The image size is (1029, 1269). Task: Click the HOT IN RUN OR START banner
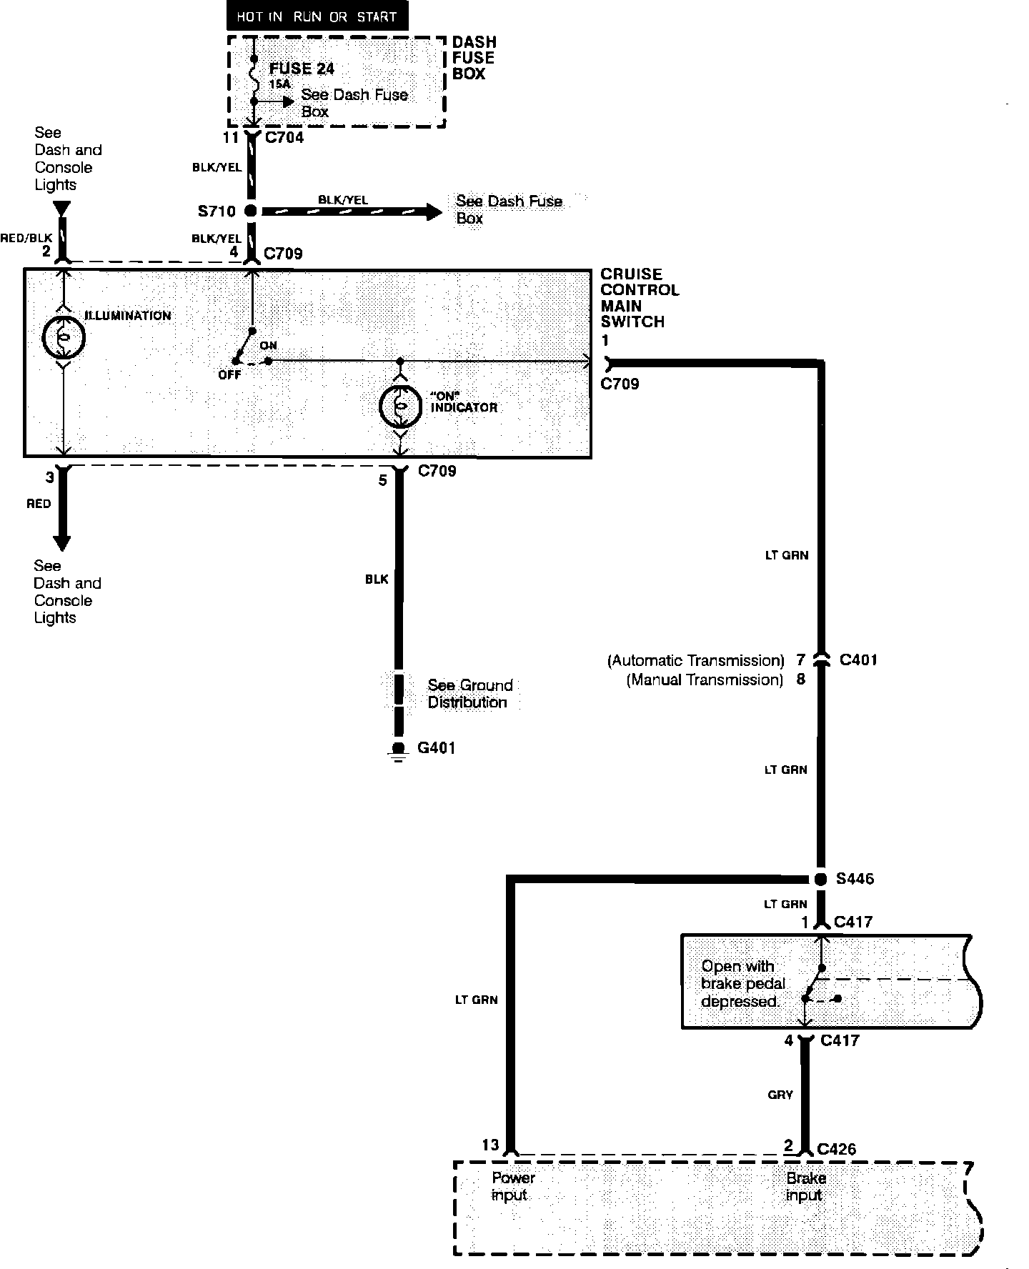pos(317,16)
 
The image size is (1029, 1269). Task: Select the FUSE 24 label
pos(301,69)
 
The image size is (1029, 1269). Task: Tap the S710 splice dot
pos(251,211)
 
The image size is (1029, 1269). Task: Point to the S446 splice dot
pos(821,879)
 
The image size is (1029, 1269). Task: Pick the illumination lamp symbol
pos(64,337)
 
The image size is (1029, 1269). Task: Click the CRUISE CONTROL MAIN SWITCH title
pos(639,298)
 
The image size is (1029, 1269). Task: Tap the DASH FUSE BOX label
pos(474,58)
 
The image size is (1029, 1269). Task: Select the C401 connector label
pos(857,660)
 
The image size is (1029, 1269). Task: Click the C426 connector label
pos(836,1149)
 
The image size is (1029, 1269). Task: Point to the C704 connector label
pos(284,137)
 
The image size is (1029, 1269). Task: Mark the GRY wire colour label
pos(780,1094)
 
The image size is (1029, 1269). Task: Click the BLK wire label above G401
pos(377,579)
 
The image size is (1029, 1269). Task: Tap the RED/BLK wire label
pos(26,238)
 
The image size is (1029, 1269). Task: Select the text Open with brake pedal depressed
pos(740,984)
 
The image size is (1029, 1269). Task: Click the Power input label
pos(512,1186)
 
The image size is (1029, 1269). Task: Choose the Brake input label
pos(805,1186)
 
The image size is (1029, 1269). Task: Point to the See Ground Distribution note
pos(469,694)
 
